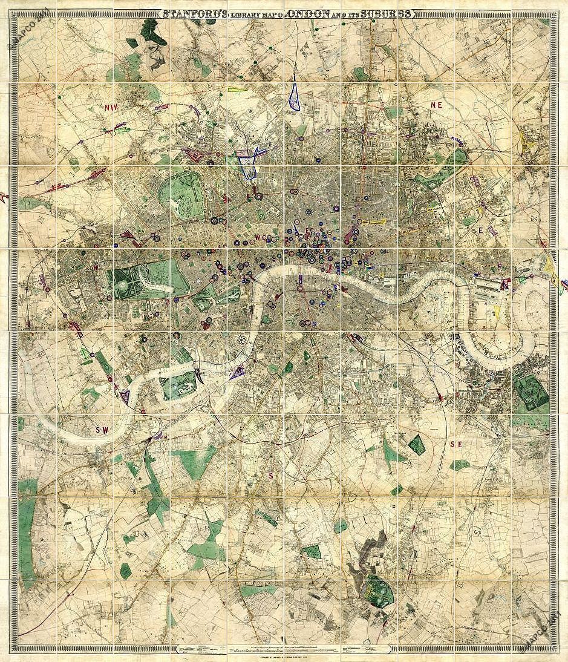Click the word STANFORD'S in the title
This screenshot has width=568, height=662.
[x=191, y=14]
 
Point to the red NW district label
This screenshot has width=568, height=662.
[x=111, y=107]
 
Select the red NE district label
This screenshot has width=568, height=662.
[x=437, y=105]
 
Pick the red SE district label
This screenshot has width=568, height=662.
[x=456, y=444]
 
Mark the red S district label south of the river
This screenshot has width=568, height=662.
[x=271, y=476]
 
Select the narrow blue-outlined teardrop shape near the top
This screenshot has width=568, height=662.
[x=295, y=96]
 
